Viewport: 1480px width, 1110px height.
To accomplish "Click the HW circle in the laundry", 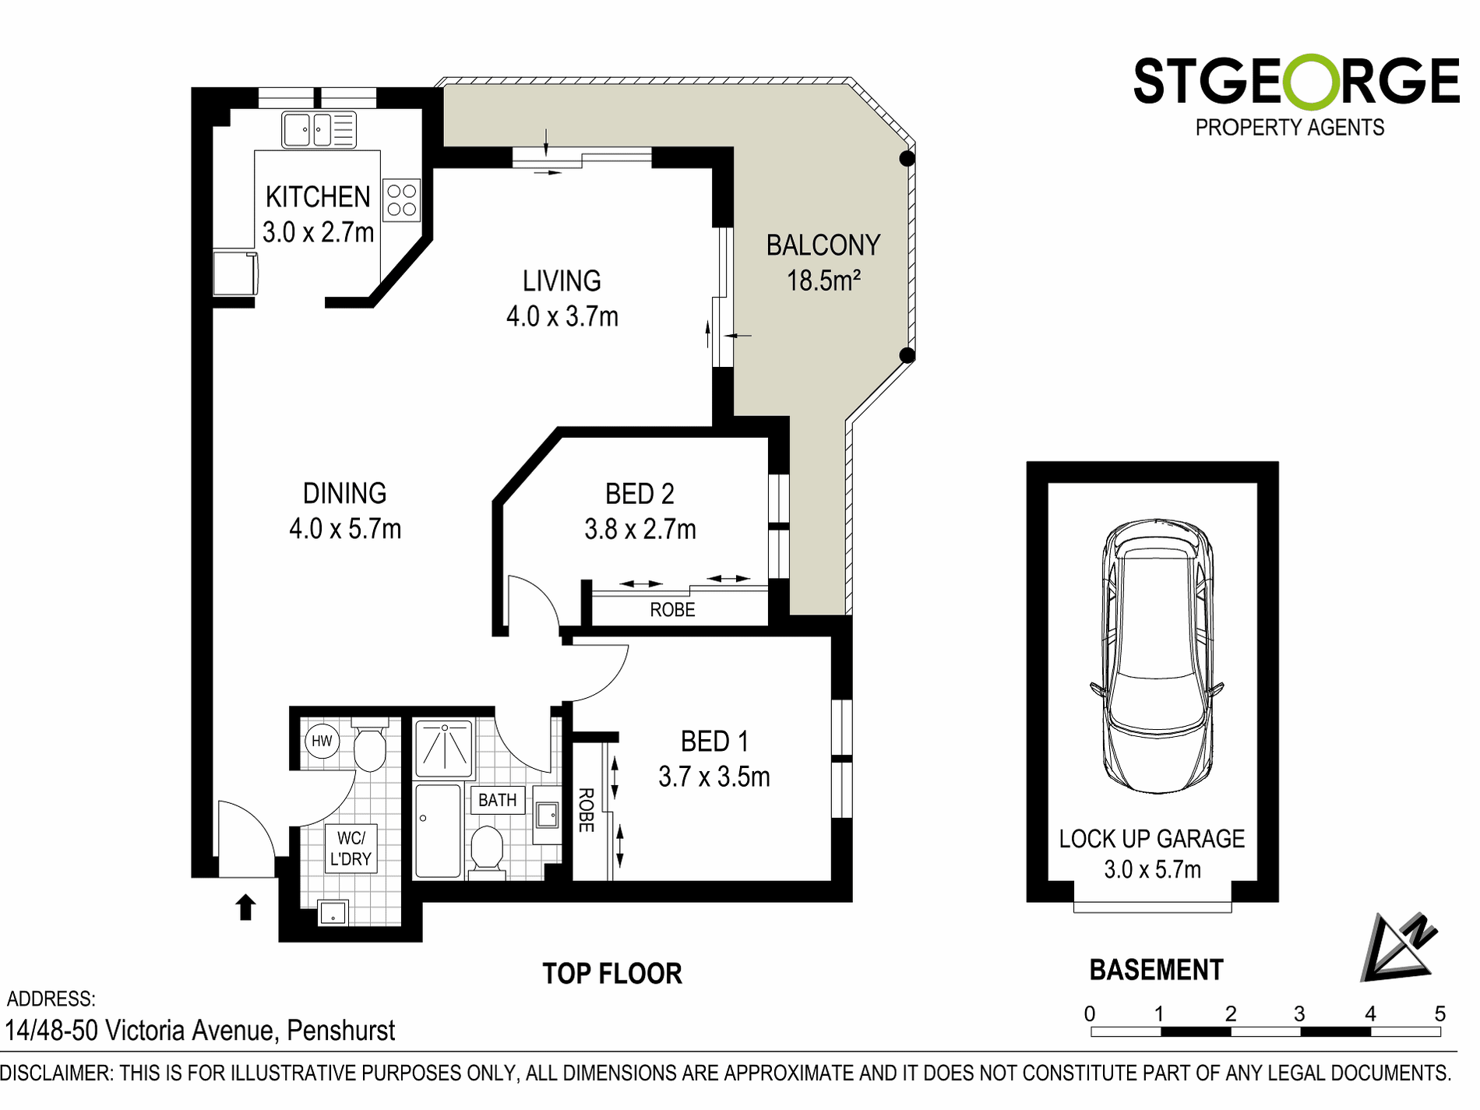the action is pos(322,741).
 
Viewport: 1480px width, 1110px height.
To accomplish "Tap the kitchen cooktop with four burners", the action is pos(402,200).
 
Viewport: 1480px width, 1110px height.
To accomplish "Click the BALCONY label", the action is pos(823,245).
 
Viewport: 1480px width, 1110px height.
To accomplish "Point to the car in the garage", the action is pos(1157,656).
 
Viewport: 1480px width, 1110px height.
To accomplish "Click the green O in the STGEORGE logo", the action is pos(1311,81).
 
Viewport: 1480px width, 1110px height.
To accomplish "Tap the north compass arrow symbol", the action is pos(1399,947).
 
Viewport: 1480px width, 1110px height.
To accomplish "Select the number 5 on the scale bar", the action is pos(1439,1013).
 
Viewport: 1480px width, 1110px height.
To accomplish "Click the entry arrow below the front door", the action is pos(245,907).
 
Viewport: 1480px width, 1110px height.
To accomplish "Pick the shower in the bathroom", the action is pos(444,749).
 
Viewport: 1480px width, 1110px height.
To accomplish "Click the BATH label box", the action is pos(498,800).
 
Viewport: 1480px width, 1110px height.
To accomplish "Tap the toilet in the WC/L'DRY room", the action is pos(369,746).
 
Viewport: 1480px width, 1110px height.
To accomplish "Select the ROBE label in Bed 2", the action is pos(672,610).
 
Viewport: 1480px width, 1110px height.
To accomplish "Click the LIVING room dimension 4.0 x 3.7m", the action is pos(562,316).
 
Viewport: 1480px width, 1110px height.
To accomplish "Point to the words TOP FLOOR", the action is pos(612,974).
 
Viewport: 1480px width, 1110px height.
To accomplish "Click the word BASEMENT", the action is pos(1156,970).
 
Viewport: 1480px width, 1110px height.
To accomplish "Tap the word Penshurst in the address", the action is pos(341,1031).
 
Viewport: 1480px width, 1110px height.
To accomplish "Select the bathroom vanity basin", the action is pos(548,816).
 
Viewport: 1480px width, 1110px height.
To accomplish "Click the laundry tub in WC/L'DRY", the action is pos(333,913).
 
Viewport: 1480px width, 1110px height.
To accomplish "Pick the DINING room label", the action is pos(345,493).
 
